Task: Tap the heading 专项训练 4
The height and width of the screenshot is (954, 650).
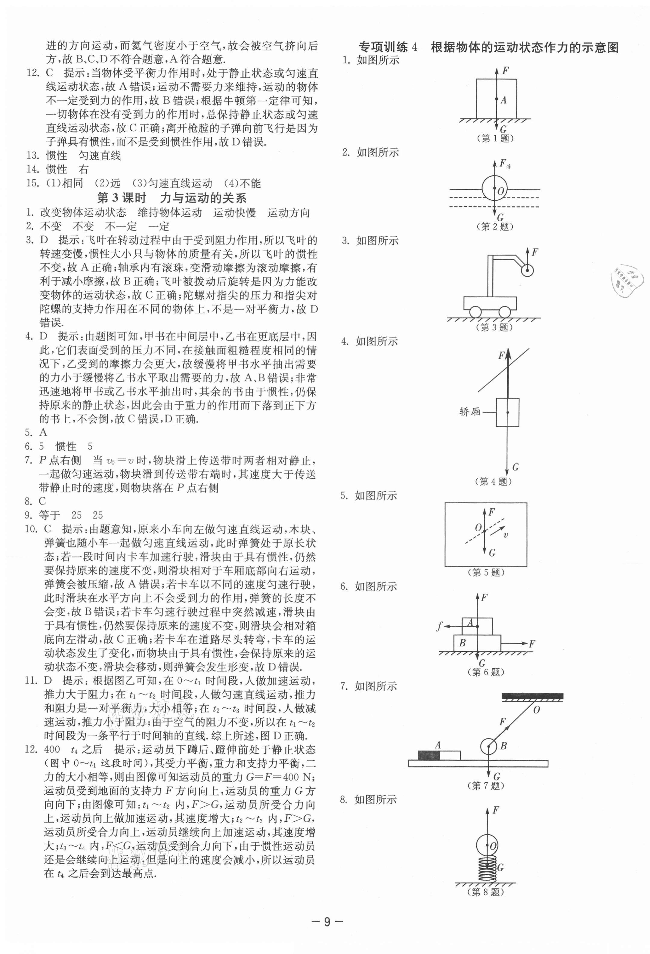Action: pos(388,47)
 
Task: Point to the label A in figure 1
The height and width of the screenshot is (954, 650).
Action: pos(504,100)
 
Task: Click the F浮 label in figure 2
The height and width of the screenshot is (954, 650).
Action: pos(505,164)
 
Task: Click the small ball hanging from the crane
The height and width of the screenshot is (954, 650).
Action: pos(527,270)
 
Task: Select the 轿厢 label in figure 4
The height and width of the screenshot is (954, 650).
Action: pos(470,411)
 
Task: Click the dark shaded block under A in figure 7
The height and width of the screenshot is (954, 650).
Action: pos(429,755)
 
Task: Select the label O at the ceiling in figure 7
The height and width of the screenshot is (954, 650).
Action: pos(536,709)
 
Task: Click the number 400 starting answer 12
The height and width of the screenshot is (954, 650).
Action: pos(52,749)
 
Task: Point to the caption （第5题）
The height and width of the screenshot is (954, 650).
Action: pos(486,572)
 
